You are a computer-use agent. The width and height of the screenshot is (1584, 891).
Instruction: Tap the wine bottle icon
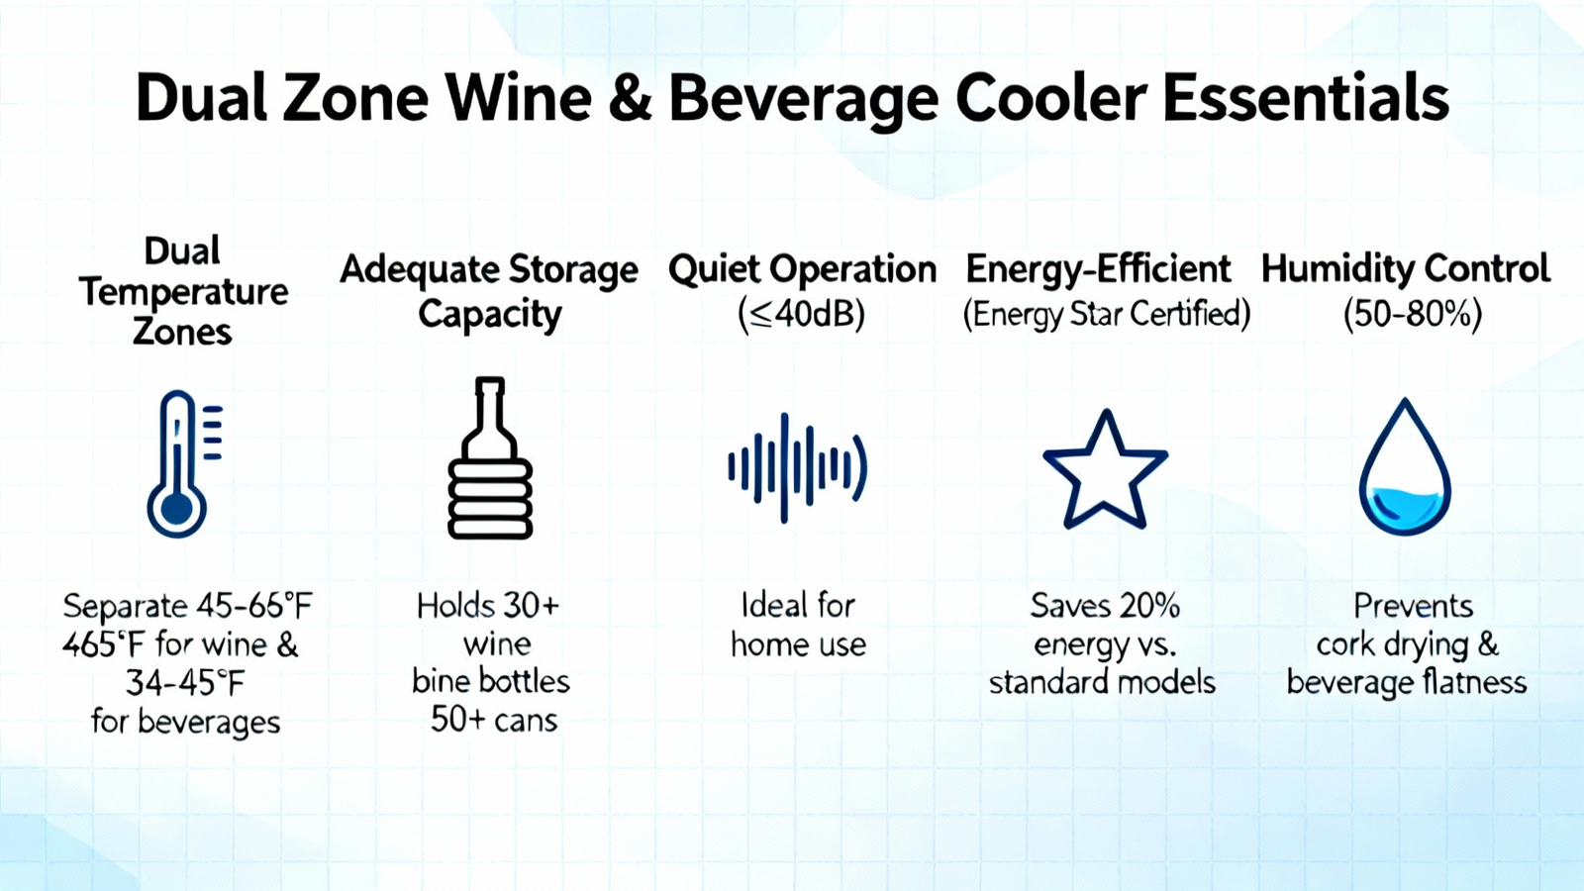(490, 458)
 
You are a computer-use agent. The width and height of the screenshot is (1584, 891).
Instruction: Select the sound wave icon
(798, 468)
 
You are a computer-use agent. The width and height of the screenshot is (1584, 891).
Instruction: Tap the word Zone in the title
(355, 98)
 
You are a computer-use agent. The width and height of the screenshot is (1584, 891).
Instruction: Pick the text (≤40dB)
(801, 314)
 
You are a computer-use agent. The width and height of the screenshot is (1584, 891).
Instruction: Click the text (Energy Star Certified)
(1107, 314)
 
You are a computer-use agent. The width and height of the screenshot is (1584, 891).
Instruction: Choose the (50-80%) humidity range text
(1412, 314)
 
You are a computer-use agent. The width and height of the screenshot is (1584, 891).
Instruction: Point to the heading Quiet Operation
(803, 270)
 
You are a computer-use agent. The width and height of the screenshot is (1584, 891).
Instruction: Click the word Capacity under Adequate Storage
(489, 315)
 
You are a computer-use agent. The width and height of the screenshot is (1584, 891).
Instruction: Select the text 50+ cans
(494, 720)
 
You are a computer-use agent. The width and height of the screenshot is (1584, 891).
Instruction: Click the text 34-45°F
(185, 683)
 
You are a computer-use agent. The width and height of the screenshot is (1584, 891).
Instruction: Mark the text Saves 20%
(1105, 606)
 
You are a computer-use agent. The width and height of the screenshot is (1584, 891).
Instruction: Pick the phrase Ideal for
(798, 606)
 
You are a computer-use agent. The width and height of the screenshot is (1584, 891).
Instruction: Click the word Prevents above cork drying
(1413, 606)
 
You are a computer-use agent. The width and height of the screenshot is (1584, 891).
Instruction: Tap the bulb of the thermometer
(177, 509)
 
